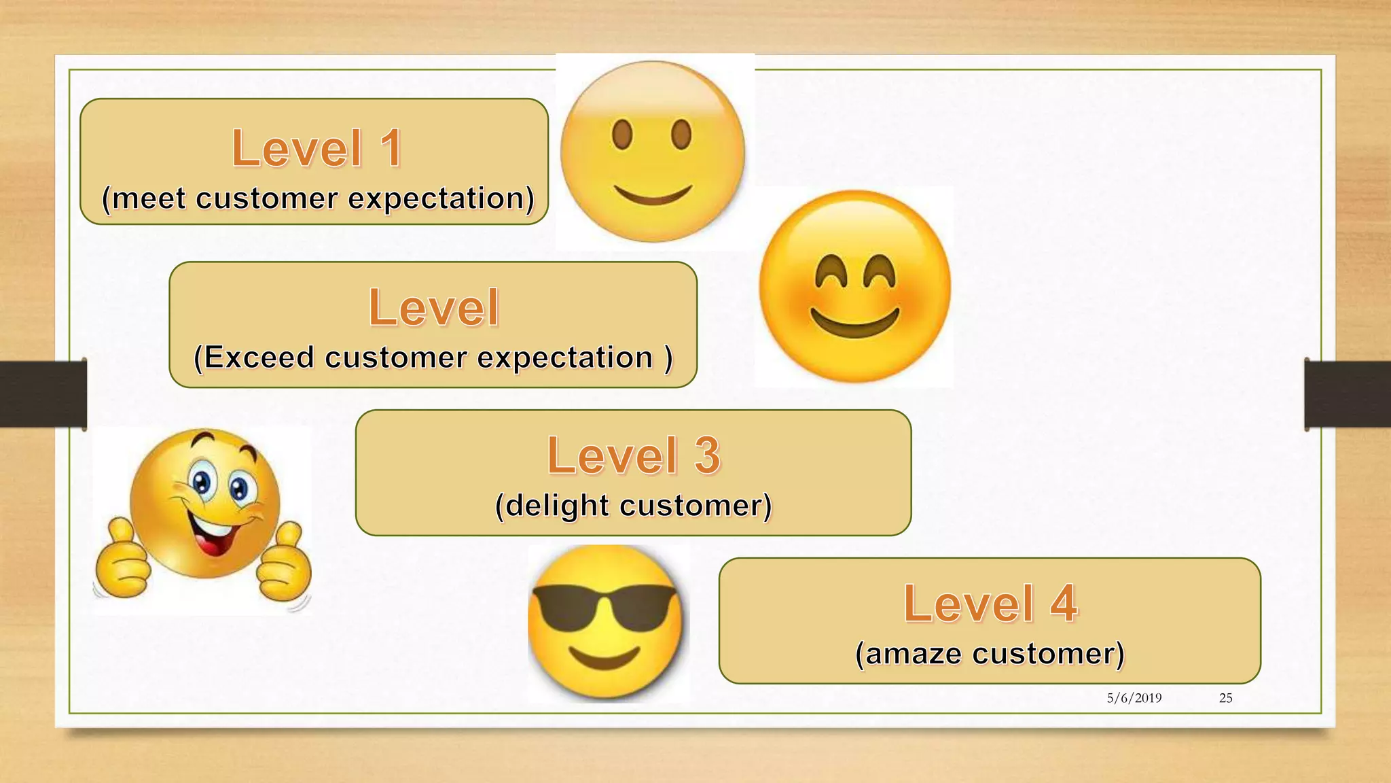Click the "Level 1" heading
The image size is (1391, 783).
pos(317,148)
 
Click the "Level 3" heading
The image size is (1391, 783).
pos(633,455)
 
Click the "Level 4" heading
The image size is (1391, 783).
pos(990,604)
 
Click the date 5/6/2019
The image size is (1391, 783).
pos(1134,698)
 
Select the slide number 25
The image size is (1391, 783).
pos(1225,698)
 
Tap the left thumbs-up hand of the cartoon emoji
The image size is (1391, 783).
pos(122,561)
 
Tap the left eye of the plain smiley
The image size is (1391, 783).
pos(622,134)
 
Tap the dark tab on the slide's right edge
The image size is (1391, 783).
pos(1348,394)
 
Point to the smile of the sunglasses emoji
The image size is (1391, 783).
pos(604,658)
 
